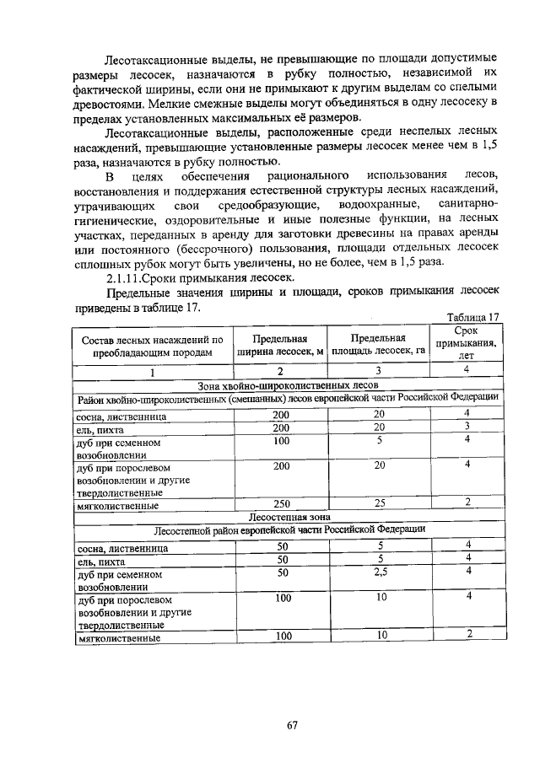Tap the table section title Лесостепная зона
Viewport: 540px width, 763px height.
[289, 516]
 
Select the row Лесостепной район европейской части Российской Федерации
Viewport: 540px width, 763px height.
[289, 529]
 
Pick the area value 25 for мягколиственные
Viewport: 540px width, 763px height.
[379, 503]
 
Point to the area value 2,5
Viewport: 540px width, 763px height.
[379, 571]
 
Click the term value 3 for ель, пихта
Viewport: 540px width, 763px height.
[465, 427]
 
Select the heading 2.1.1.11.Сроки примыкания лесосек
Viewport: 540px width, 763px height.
[200, 277]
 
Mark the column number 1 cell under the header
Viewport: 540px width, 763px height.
[153, 371]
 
